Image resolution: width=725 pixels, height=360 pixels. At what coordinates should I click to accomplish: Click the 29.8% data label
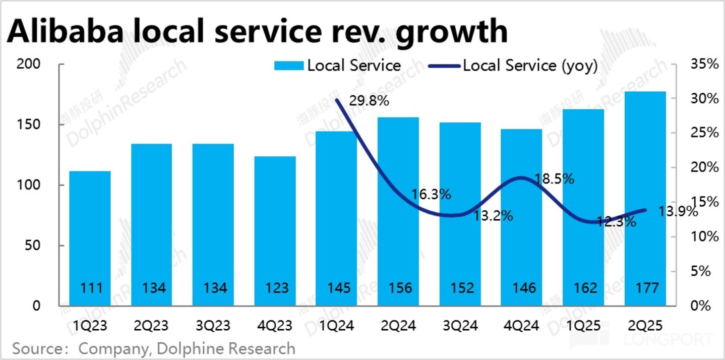pos(368,101)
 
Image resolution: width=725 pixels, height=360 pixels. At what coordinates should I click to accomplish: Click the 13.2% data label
pos(493,216)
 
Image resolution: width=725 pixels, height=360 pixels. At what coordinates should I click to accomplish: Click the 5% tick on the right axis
pos(701,271)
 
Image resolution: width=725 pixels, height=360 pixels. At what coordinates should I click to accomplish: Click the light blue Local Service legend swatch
pos(289,66)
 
